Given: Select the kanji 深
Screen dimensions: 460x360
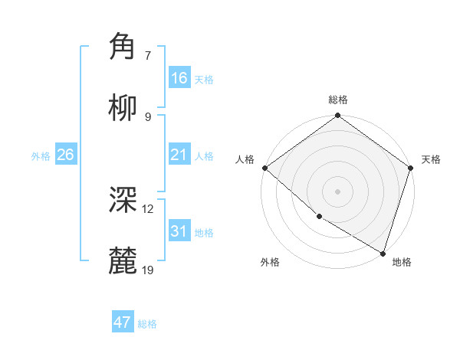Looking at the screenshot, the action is (x=123, y=200).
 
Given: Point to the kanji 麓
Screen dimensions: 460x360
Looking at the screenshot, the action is (x=123, y=261).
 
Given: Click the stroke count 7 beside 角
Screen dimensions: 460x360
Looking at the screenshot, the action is (x=147, y=55).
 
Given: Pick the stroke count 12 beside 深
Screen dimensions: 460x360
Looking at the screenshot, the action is (x=148, y=208).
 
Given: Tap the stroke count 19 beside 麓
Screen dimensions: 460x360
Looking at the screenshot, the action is (x=148, y=270).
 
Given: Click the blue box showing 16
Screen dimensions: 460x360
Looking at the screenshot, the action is (x=179, y=78).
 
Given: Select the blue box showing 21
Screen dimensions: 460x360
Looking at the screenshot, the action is (x=179, y=155).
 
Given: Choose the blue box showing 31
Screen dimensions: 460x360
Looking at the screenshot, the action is (x=179, y=231).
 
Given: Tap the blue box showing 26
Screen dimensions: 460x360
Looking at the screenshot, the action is (x=65, y=155).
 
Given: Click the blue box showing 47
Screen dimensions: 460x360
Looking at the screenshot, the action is (x=123, y=322).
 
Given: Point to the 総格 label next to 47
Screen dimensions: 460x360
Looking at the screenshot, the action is (x=147, y=324).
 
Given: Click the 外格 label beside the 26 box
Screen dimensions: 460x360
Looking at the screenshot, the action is (x=41, y=156).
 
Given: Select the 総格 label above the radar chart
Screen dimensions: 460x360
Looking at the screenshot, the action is (x=338, y=100).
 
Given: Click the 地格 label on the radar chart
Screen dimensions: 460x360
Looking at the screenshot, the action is (x=402, y=262).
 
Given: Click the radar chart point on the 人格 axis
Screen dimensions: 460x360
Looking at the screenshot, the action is (x=264, y=168).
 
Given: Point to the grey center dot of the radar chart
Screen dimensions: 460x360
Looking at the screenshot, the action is (x=338, y=191).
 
